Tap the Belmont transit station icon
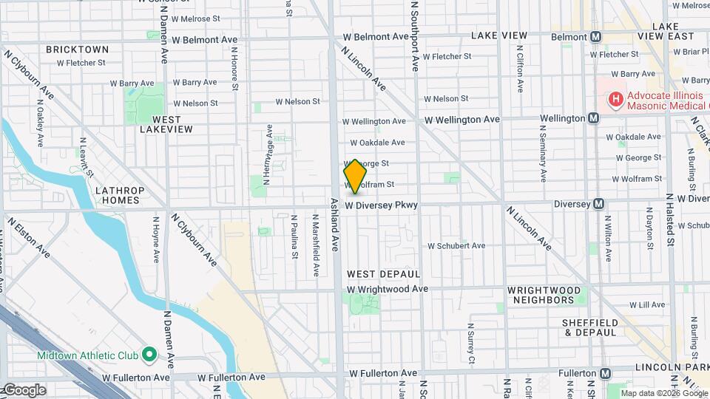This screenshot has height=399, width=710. pos(596,36)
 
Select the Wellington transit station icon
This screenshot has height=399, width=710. pos(593,118)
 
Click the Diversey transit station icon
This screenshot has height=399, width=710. pos(599,204)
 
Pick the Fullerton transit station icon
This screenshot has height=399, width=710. pos(606,374)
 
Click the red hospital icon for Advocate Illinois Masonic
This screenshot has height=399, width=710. pos(615,99)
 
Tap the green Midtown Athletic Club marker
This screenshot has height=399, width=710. pos(149,355)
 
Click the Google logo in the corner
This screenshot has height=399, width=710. pos(24,389)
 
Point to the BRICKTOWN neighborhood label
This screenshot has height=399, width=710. pos(77,50)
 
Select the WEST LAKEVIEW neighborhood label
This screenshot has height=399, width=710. pos(166,123)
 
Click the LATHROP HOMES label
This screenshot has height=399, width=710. pos(118,195)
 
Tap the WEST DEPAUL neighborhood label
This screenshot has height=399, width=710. pos(383,274)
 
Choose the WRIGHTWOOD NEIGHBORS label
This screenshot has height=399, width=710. pos(545,295)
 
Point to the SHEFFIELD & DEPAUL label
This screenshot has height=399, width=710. pos(589,327)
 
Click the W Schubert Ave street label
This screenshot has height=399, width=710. pos(456,245)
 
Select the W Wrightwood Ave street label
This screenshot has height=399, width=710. pos(387,289)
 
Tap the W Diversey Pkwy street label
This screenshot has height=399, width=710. pos(382,205)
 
